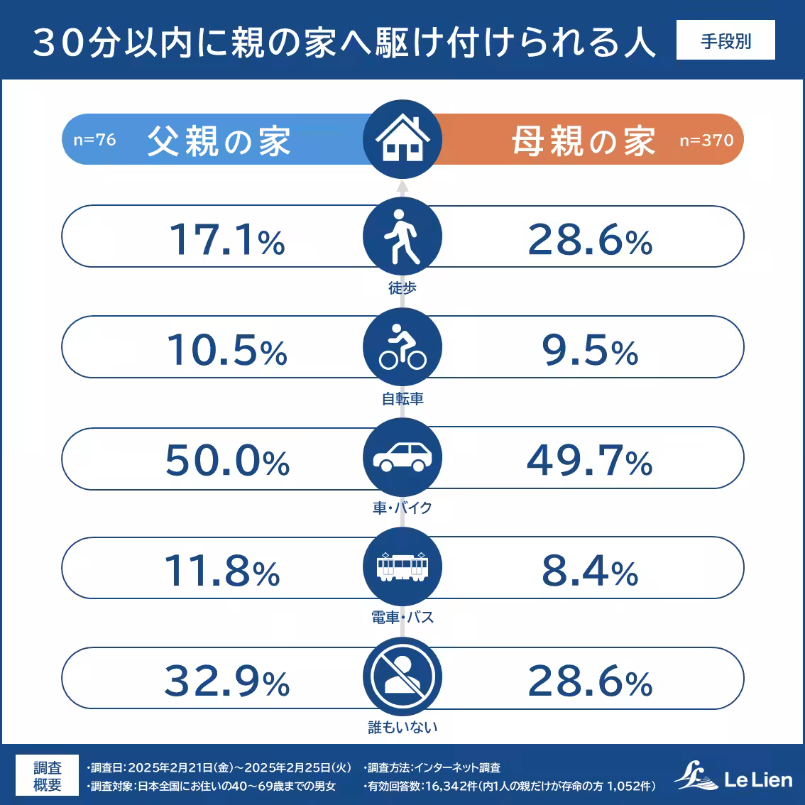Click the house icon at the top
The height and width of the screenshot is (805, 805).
[402, 139]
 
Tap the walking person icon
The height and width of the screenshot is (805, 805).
[402, 236]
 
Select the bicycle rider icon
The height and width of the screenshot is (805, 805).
[402, 347]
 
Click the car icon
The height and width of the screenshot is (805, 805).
[402, 457]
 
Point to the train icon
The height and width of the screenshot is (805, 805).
[402, 567]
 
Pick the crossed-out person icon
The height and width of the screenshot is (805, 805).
[402, 677]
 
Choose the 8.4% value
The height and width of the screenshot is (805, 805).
[589, 571]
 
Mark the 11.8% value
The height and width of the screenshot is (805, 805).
[222, 571]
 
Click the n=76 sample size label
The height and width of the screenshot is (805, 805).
[94, 140]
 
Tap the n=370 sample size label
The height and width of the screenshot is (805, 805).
[706, 141]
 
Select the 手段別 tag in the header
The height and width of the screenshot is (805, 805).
[725, 41]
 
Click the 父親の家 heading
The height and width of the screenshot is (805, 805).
[219, 141]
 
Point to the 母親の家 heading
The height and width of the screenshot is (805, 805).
[583, 141]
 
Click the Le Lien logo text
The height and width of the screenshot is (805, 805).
[757, 780]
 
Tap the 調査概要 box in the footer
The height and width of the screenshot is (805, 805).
[48, 776]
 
